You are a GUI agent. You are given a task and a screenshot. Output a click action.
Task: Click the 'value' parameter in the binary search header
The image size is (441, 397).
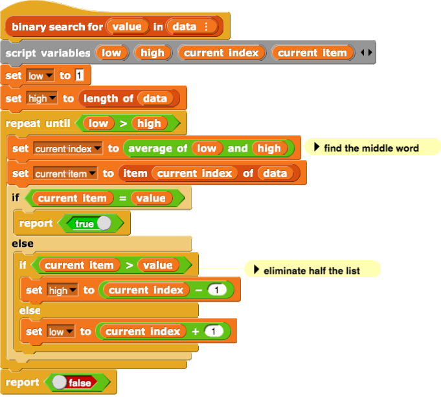(x=126, y=27)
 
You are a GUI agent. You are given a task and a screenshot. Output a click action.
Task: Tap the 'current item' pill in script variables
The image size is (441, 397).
(x=312, y=53)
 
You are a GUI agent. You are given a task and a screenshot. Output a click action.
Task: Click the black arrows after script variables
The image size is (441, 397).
(x=366, y=53)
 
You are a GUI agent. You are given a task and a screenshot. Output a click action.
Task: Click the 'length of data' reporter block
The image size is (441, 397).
(x=107, y=99)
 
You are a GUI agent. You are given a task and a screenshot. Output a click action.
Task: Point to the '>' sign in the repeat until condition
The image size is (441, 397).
(x=123, y=123)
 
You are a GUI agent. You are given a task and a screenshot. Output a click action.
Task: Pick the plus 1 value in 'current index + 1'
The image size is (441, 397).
(x=214, y=332)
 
